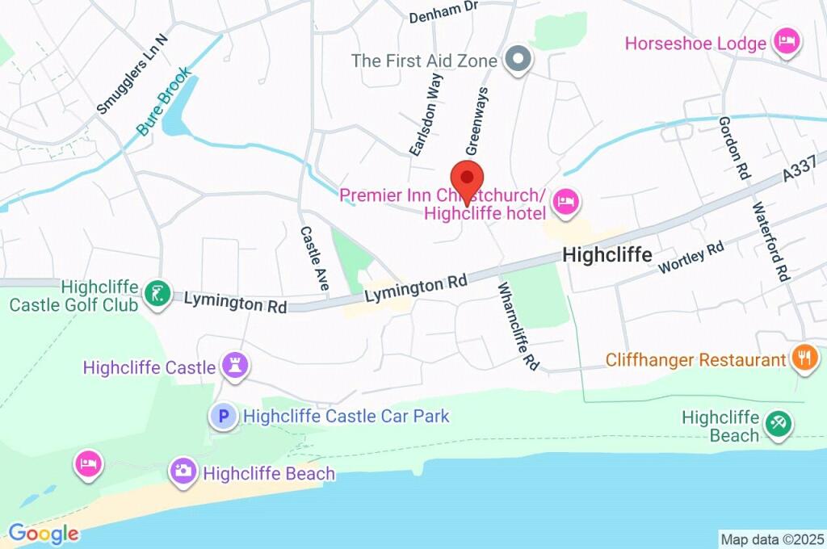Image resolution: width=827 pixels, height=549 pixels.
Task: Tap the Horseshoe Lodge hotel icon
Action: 786,41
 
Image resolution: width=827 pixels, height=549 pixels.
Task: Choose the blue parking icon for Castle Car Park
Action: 224,417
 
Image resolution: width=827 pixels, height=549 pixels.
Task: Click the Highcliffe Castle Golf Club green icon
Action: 156,295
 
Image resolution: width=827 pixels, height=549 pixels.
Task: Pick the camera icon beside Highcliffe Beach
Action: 183,471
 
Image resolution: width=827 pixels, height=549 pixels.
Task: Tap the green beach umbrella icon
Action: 779,423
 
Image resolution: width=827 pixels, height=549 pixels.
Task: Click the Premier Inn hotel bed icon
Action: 566,203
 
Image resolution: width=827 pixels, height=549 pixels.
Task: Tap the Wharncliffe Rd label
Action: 518,326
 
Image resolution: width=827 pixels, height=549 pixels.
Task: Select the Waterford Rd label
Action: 770,241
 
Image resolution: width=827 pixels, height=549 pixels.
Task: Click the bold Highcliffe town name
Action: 607,255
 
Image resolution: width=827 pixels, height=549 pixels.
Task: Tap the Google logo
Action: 44,533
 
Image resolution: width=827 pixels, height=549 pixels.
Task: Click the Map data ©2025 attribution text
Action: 772,539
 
